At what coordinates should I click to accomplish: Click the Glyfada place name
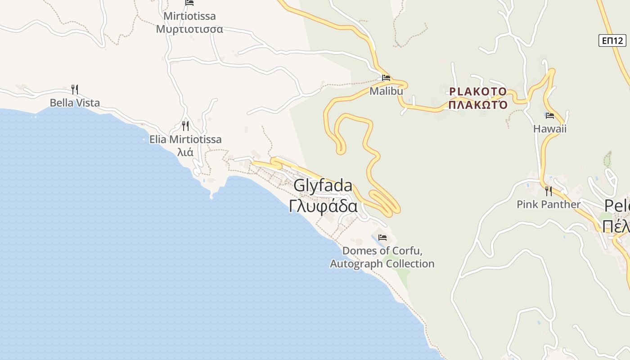(x=323, y=186)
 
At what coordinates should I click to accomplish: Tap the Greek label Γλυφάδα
(x=323, y=206)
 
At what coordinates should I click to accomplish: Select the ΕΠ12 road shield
(x=613, y=41)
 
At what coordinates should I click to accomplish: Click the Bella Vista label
(x=75, y=103)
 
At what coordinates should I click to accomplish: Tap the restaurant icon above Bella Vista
(x=75, y=89)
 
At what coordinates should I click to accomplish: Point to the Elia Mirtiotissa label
(x=185, y=139)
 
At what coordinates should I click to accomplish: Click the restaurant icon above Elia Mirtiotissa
(x=185, y=126)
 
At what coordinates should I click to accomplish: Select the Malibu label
(x=386, y=91)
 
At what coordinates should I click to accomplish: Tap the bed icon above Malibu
(x=386, y=77)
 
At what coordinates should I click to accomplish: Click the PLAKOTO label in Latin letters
(x=478, y=92)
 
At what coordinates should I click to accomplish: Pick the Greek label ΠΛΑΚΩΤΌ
(x=478, y=105)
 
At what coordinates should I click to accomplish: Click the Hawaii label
(x=549, y=129)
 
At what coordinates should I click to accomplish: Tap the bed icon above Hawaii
(x=549, y=116)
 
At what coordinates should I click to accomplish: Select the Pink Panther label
(x=548, y=204)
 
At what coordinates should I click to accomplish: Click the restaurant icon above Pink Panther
(x=548, y=191)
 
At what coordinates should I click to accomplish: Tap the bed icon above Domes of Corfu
(x=382, y=238)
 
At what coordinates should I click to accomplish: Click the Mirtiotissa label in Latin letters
(x=189, y=16)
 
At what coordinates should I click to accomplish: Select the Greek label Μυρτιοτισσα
(x=189, y=29)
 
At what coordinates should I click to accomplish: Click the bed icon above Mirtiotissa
(x=189, y=3)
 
